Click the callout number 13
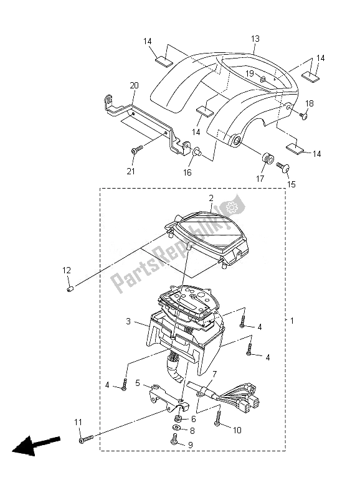[255, 39]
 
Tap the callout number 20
[134, 85]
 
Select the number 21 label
[131, 171]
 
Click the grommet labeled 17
[268, 158]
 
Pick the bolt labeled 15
[282, 166]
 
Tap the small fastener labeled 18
[304, 116]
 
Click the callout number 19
[250, 73]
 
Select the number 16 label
[187, 172]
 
